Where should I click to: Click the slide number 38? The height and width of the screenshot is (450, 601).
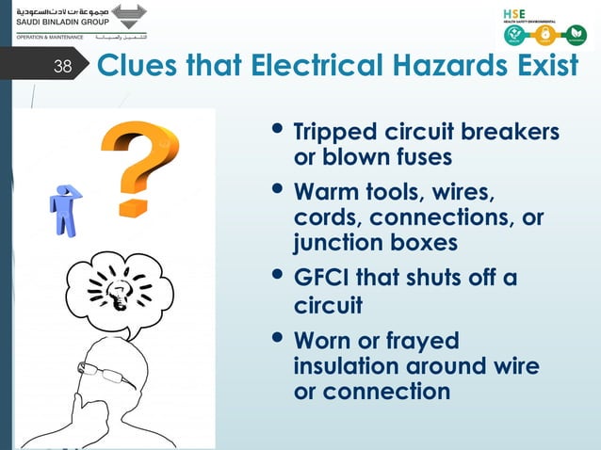[x=62, y=67]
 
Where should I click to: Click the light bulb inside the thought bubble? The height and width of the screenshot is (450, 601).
[x=118, y=288]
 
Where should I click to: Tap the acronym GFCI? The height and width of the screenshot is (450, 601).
[x=320, y=280]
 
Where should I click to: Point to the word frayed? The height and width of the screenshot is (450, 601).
[x=416, y=340]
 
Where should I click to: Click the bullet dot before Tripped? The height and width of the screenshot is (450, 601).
[x=276, y=132]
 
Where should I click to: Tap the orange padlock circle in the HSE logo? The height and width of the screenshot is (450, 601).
[x=544, y=36]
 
